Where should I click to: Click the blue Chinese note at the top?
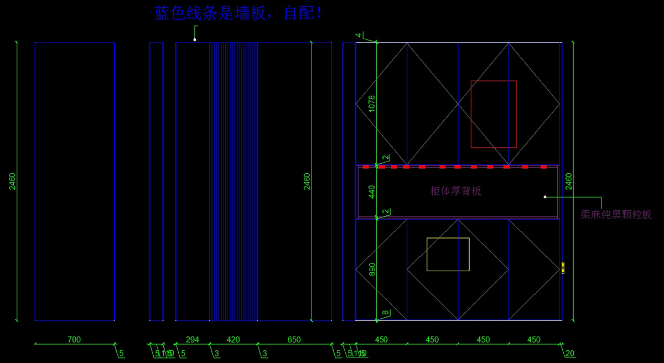[x=238, y=13]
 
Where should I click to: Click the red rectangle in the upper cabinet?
[x=494, y=114]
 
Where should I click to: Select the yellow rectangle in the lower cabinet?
[x=448, y=255]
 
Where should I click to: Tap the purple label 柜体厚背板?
[x=456, y=191]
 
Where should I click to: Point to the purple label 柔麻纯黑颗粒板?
[x=616, y=215]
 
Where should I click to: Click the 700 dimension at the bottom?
[x=74, y=339]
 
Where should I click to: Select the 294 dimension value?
[x=192, y=339]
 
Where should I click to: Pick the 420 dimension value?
[x=234, y=339]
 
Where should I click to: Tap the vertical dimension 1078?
[x=372, y=104]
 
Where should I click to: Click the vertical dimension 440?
[x=372, y=191]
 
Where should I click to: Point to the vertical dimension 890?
[x=372, y=269]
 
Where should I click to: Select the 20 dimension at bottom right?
[x=570, y=354]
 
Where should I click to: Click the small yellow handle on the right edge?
[x=563, y=268]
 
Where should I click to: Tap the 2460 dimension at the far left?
[x=12, y=181]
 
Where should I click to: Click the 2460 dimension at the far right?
[x=568, y=181]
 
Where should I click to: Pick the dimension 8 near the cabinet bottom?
[x=386, y=313]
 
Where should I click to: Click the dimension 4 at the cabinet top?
[x=359, y=35]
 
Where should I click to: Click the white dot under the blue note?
[x=195, y=40]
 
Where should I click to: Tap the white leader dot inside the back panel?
[x=545, y=196]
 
